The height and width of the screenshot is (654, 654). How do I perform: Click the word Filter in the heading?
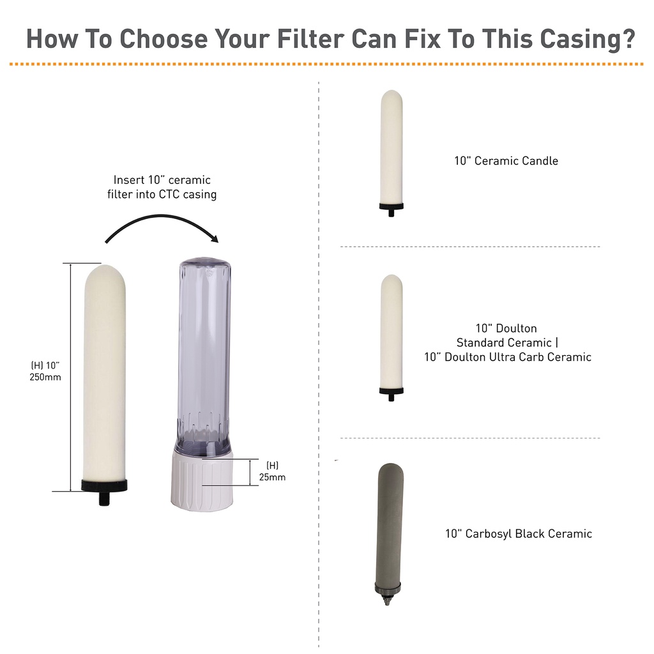[x=311, y=39]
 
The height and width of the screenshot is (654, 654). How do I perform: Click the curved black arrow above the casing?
[x=162, y=225]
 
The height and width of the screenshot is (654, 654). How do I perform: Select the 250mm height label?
[x=45, y=377]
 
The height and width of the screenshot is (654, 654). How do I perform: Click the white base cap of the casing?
[x=202, y=482]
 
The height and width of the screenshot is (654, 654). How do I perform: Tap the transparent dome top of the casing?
[x=205, y=267]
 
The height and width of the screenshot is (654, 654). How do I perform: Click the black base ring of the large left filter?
[x=104, y=485]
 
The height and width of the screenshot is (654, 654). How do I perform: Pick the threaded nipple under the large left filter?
[x=104, y=498]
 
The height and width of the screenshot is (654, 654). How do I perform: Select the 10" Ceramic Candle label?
[x=506, y=161]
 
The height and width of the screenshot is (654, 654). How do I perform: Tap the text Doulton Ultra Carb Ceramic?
[x=517, y=357]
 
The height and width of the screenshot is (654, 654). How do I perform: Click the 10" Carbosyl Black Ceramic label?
[x=519, y=534]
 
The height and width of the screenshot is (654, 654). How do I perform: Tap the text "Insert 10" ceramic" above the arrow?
[x=162, y=179]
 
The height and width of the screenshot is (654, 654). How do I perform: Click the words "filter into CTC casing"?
[x=162, y=194]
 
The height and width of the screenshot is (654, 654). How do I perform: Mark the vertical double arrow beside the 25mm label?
[x=250, y=472]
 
